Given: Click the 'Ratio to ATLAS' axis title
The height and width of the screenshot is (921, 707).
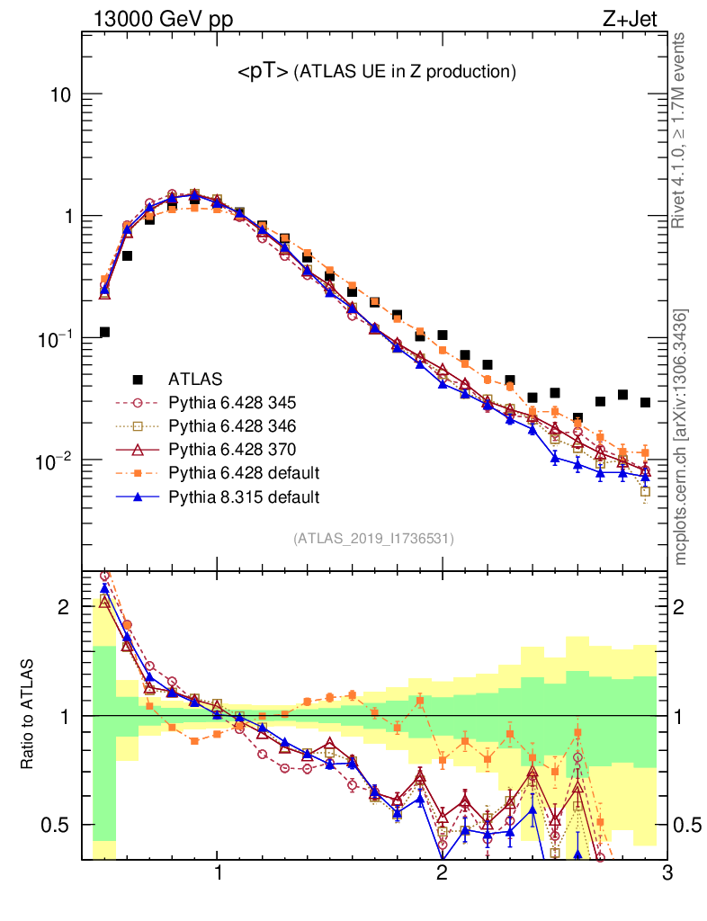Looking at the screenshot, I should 30,716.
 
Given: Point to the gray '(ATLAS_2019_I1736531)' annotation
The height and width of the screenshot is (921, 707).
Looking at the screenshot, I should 373,539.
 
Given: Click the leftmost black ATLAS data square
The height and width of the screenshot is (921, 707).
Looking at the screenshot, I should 104,333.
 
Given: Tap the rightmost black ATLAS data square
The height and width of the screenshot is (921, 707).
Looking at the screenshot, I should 645,402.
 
